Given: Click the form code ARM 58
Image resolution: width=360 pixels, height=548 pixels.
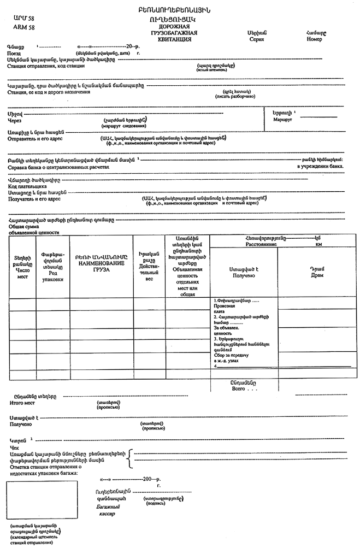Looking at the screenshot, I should tap(23, 27).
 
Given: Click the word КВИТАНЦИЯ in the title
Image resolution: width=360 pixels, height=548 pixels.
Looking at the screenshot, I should tap(174, 40).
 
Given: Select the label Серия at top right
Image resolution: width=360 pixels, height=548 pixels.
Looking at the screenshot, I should tap(256, 39).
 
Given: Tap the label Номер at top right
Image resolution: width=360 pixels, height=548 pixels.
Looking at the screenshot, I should tap(315, 39).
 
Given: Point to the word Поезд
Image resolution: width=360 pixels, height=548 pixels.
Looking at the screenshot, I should tap(14, 54).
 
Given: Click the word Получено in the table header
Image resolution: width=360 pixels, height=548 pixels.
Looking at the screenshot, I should tap(244, 275).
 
